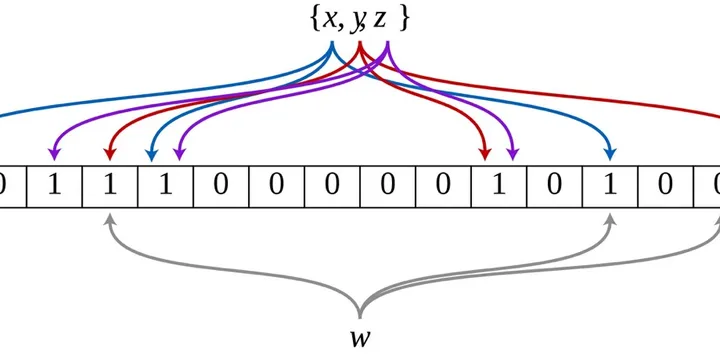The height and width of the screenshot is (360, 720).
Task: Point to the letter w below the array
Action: (x=360, y=339)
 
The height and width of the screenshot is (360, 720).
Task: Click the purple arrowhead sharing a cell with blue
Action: (x=179, y=155)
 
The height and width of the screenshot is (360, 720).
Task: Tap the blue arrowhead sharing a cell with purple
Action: (x=151, y=155)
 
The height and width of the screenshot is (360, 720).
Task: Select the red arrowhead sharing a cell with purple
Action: (x=485, y=155)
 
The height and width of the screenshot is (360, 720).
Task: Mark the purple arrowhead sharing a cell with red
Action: (x=513, y=155)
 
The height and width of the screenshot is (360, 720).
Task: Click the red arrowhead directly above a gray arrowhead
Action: (x=109, y=155)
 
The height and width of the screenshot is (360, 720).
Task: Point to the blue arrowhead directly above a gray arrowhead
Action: (x=610, y=155)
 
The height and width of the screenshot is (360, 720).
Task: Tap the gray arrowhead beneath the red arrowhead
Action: (x=109, y=219)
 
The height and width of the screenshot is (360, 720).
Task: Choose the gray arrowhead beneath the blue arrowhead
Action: (x=610, y=219)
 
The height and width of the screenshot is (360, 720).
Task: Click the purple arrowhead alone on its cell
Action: (x=54, y=155)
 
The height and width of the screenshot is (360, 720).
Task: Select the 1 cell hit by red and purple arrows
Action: (x=499, y=186)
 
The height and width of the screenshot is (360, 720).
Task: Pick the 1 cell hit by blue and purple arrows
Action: (x=165, y=186)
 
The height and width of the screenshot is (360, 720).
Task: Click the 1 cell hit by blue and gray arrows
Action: (x=610, y=186)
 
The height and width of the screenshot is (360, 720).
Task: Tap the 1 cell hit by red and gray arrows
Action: (x=110, y=186)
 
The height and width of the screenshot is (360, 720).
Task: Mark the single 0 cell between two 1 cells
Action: (x=555, y=186)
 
